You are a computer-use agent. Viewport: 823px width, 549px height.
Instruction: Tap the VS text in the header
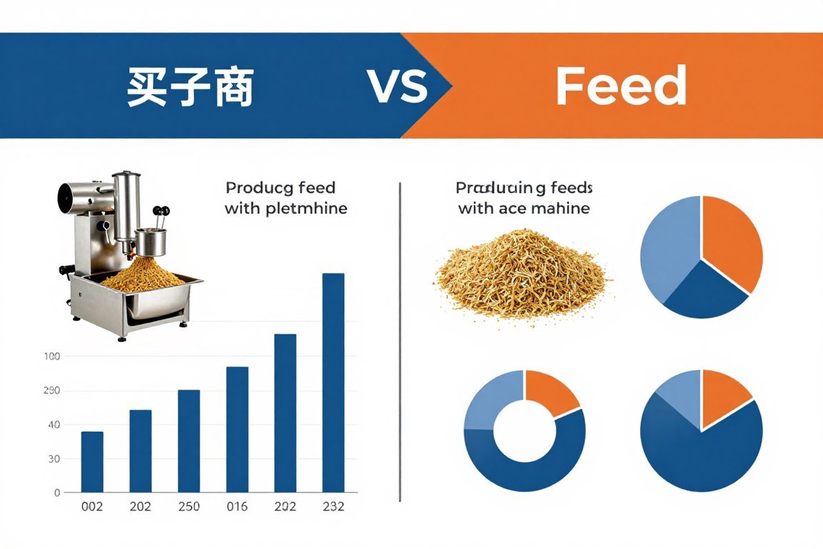click(398, 87)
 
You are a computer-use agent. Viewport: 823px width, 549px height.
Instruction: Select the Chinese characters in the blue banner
click(190, 87)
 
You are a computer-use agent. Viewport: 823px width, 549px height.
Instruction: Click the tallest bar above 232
click(334, 382)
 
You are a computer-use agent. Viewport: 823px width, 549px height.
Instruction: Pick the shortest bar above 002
click(92, 462)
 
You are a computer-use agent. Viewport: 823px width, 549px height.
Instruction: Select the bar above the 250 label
click(189, 440)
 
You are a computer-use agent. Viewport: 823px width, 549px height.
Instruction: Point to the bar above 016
click(237, 429)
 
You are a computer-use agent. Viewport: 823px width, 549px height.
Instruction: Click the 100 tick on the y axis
click(53, 356)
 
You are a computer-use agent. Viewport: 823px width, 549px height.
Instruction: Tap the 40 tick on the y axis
click(54, 425)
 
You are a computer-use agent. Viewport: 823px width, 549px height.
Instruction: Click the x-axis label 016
click(237, 507)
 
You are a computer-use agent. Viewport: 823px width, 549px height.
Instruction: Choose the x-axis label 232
click(334, 507)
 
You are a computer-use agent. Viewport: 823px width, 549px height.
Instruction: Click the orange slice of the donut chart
click(550, 392)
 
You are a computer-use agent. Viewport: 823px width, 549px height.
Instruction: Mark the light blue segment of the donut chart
click(489, 399)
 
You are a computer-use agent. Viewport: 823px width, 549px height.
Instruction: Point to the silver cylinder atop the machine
click(126, 207)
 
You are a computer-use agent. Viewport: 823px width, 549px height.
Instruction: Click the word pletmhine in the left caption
click(306, 209)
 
